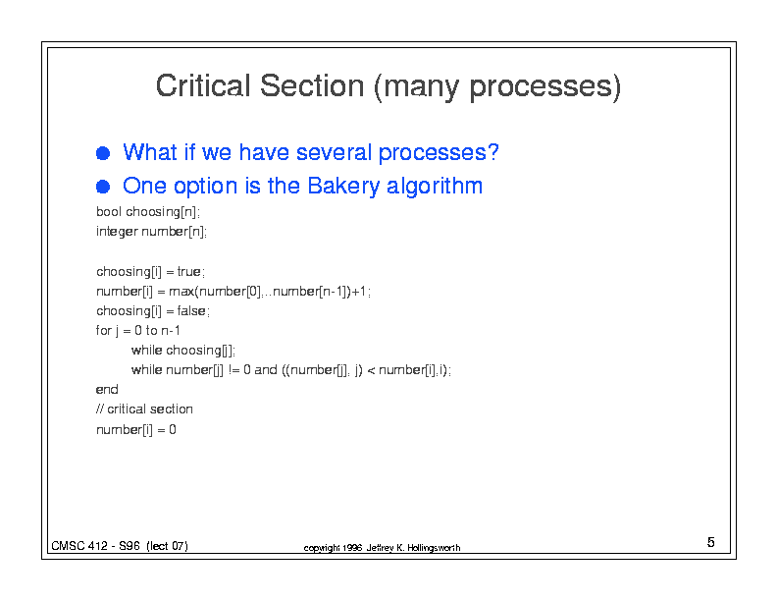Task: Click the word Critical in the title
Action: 203,85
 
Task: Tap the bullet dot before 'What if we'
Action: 103,153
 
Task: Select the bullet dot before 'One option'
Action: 103,187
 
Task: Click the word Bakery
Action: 343,187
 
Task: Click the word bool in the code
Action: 109,212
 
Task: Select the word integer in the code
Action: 117,232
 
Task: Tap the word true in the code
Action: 188,272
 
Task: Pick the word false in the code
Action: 191,311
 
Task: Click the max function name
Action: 181,292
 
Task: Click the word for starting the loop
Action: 104,330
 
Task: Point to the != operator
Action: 233,370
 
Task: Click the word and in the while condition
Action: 266,370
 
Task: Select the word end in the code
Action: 107,390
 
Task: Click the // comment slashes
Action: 100,410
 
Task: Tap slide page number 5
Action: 711,542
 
